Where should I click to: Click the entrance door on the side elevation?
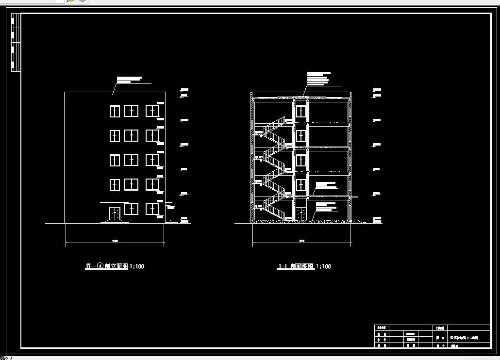pos(115,213)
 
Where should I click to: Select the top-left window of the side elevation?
pos(114,111)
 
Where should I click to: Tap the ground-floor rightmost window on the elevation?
pos(152,209)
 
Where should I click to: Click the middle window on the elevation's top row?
pos(131,111)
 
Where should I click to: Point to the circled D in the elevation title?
pos(88,266)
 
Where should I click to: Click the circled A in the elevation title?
pos(100,266)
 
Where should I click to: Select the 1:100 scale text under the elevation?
pos(136,266)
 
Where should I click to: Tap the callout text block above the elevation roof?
pos(129,80)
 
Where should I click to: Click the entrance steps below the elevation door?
pos(115,222)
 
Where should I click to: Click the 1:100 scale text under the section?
pos(323,266)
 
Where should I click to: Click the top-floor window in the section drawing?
pos(301,112)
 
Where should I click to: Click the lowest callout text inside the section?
pos(326,206)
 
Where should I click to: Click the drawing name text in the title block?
pos(464,337)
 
